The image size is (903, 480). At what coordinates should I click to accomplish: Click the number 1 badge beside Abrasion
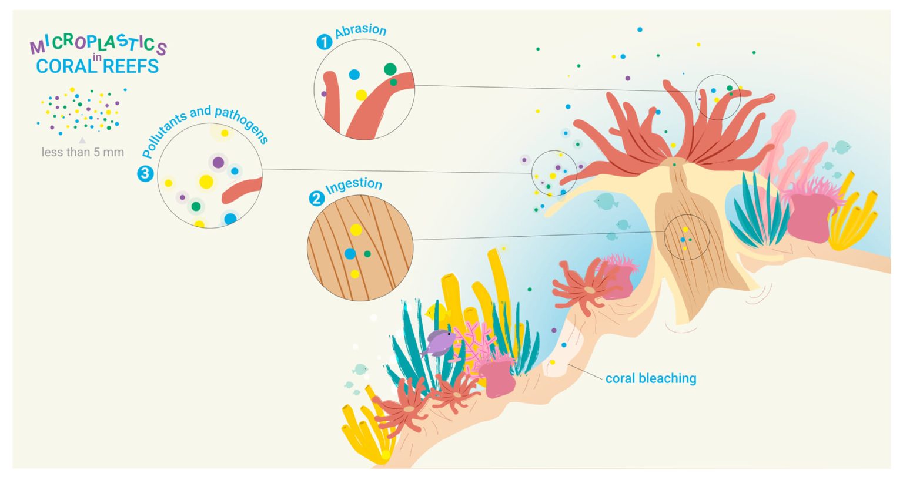[x=324, y=42]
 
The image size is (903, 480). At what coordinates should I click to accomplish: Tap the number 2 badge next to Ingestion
[x=316, y=199]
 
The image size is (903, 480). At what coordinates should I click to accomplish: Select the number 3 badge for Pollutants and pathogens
[x=145, y=173]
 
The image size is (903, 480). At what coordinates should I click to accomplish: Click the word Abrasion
[x=361, y=31]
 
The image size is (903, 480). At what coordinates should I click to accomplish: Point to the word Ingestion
[x=354, y=186]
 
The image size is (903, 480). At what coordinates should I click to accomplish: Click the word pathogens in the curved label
[x=242, y=123]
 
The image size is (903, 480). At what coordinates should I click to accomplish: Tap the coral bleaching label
[x=651, y=378]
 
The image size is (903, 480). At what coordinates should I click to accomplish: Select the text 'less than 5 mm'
[x=82, y=152]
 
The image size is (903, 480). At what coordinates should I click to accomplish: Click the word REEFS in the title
[x=131, y=66]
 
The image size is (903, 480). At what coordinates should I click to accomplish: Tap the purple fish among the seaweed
[x=439, y=342]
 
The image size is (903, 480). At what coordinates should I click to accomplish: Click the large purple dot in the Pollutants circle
[x=218, y=162]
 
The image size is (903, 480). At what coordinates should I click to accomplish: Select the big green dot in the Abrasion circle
[x=390, y=69]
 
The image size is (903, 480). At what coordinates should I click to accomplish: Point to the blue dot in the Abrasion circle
[x=354, y=75]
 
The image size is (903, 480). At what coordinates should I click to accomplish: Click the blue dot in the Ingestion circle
[x=350, y=254]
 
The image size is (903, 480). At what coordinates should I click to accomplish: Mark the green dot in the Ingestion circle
[x=367, y=254]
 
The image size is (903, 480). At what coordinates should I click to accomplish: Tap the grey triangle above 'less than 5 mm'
[x=82, y=140]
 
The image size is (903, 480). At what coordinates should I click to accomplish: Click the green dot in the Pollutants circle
[x=196, y=206]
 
